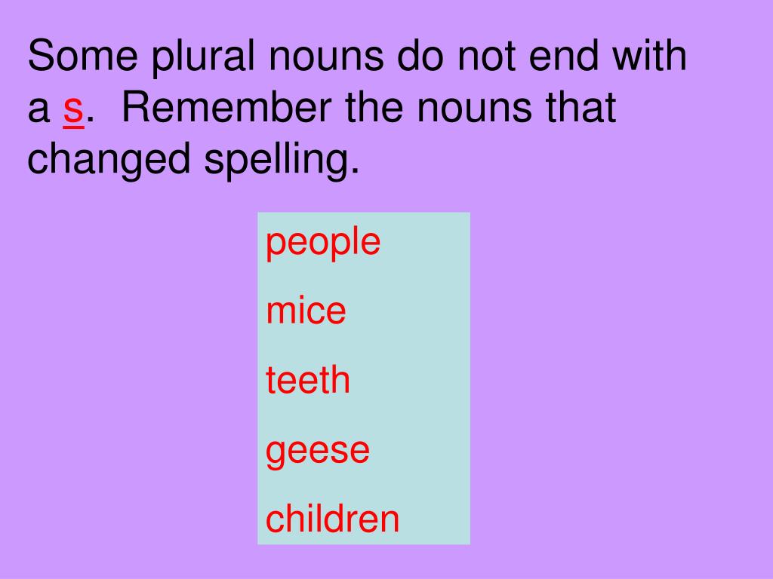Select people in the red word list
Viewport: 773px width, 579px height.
point(323,244)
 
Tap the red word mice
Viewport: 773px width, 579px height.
point(306,311)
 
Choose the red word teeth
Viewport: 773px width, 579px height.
point(308,380)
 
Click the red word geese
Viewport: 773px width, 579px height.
point(318,451)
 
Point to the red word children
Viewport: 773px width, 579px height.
point(332,519)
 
